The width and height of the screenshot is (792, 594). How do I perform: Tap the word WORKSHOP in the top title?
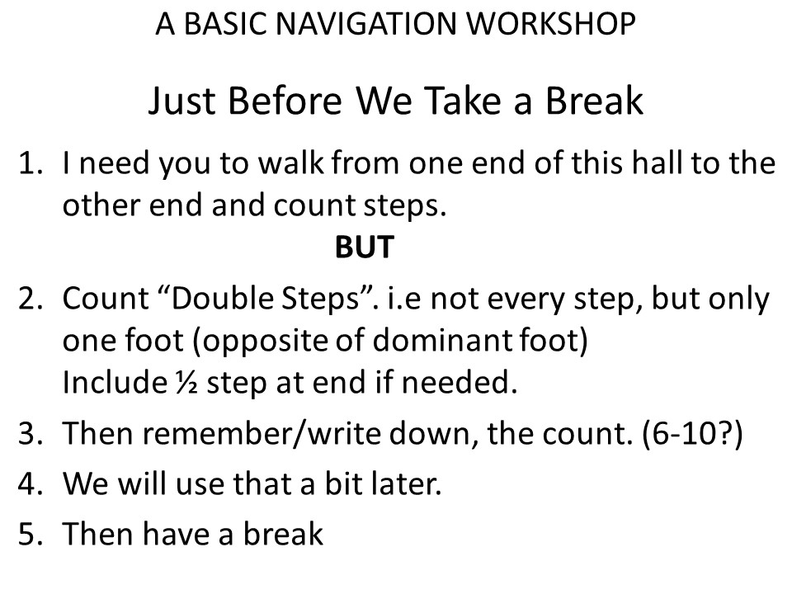550,23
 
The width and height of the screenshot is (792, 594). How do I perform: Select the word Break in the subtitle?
594,100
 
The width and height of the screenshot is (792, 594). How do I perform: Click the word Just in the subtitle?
183,100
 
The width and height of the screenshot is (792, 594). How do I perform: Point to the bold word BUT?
365,247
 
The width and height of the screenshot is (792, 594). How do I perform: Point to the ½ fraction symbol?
186,382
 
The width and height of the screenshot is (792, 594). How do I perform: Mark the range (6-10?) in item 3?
692,433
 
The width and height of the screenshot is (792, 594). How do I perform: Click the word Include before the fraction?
115,382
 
